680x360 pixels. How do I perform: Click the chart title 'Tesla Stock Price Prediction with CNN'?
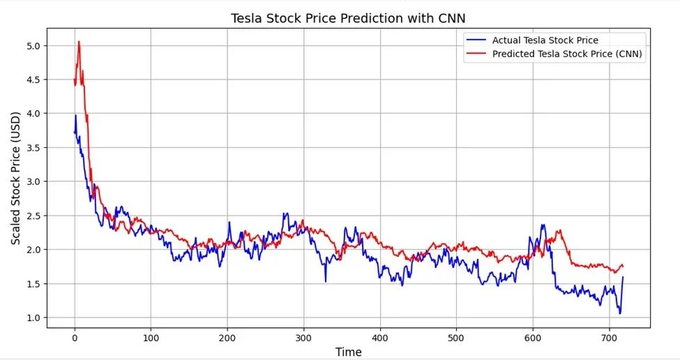(x=348, y=18)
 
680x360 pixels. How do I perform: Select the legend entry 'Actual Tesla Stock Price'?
(x=545, y=40)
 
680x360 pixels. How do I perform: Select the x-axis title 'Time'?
(x=348, y=352)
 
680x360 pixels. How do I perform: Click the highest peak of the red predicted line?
(x=79, y=41)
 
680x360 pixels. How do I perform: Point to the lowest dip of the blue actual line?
(x=619, y=313)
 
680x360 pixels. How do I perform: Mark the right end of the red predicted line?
(x=623, y=266)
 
